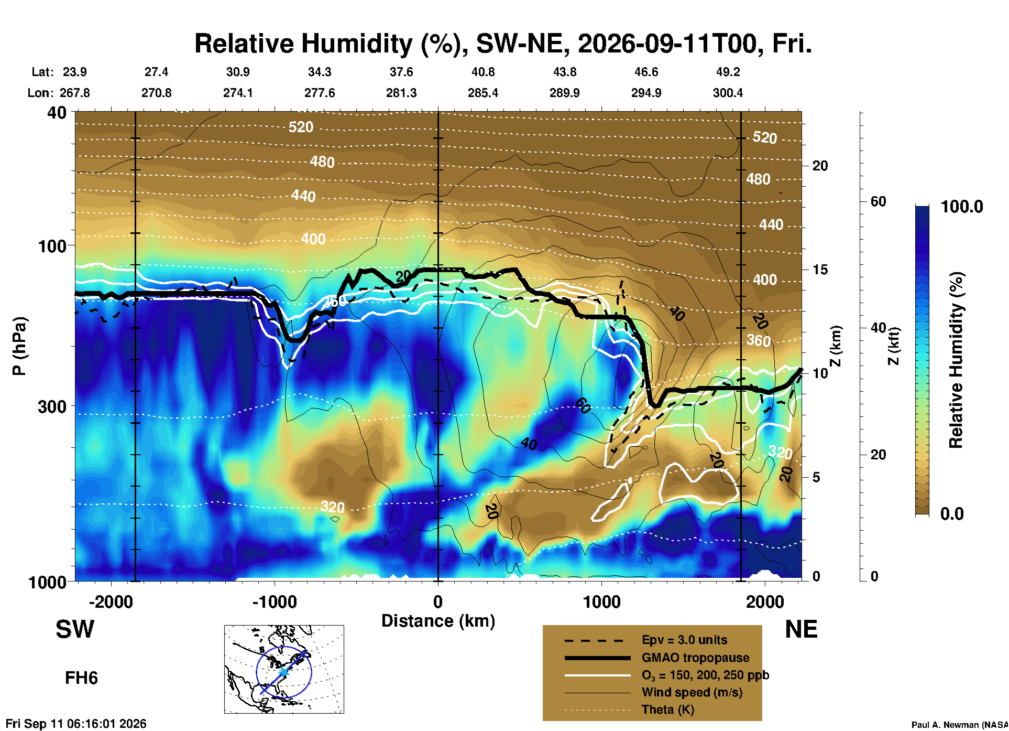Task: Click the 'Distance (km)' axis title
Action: (x=438, y=621)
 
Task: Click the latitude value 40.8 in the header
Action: (x=483, y=72)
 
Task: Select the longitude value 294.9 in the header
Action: (x=646, y=93)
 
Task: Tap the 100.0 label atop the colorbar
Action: (x=962, y=207)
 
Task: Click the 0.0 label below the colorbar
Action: (x=952, y=514)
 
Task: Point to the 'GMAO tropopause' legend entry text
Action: (x=695, y=658)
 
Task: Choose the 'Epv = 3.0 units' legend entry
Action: (x=684, y=640)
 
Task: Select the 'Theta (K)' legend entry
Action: (x=667, y=709)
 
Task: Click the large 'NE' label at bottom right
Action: (x=801, y=629)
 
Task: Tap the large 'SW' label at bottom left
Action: (x=75, y=629)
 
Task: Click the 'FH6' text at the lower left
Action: (x=81, y=678)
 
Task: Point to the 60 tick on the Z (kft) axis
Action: (x=878, y=201)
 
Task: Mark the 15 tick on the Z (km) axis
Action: (x=820, y=270)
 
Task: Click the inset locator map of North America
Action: (x=284, y=669)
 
